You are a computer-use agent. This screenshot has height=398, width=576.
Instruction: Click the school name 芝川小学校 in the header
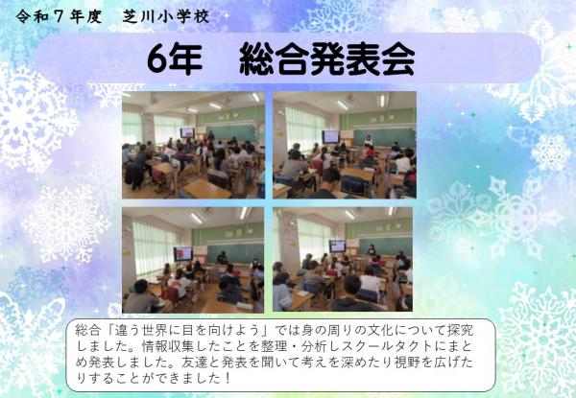coord(174,17)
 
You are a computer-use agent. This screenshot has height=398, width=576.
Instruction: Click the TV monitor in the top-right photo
coord(330,136)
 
